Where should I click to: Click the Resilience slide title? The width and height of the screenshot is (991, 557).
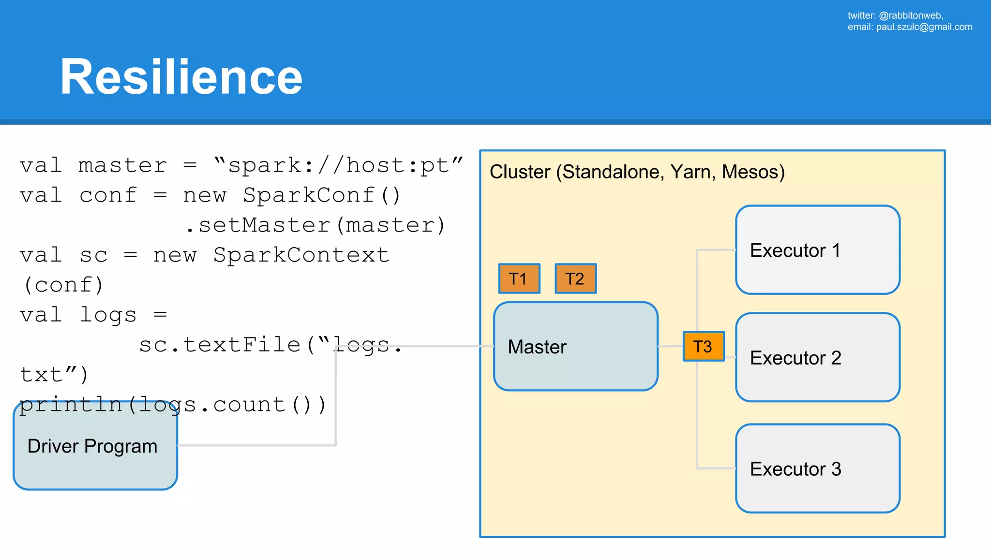pyautogui.click(x=181, y=77)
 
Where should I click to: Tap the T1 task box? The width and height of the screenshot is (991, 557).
pyautogui.click(x=519, y=278)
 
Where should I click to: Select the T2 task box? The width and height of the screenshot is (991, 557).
pyautogui.click(x=575, y=278)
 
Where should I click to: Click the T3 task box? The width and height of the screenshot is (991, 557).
pyautogui.click(x=703, y=346)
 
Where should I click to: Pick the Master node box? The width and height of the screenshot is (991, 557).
pyautogui.click(x=575, y=346)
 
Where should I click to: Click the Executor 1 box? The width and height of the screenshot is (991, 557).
pyautogui.click(x=817, y=250)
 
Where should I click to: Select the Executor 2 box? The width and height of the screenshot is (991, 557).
pyautogui.click(x=817, y=357)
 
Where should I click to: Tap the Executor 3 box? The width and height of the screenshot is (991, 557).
pyautogui.click(x=817, y=469)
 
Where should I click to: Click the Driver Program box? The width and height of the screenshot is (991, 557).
pyautogui.click(x=95, y=446)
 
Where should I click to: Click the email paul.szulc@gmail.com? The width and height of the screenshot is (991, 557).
pyautogui.click(x=924, y=27)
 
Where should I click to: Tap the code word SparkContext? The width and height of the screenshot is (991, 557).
pyautogui.click(x=301, y=255)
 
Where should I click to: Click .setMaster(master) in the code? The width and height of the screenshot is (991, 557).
pyautogui.click(x=315, y=225)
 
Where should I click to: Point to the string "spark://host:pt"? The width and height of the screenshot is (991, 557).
pyautogui.click(x=338, y=165)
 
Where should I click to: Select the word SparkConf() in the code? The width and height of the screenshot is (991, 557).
pyautogui.click(x=322, y=195)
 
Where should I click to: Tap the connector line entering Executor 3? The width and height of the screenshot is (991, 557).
pyautogui.click(x=716, y=468)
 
